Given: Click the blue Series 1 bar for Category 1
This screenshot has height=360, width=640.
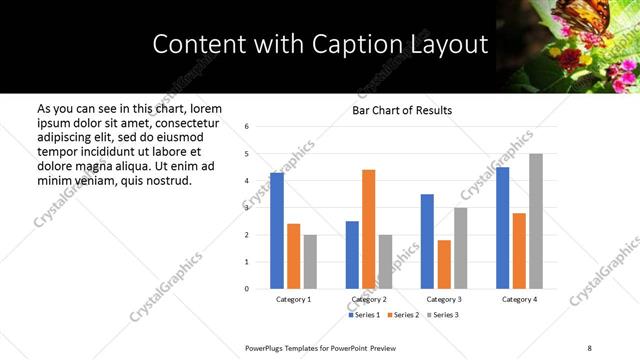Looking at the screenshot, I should [x=277, y=231].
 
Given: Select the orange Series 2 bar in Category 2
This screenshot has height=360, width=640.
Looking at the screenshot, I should [x=368, y=229].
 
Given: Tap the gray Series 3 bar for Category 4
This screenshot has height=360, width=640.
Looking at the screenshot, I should [x=536, y=221].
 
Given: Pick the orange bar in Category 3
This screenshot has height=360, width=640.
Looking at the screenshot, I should [x=443, y=264].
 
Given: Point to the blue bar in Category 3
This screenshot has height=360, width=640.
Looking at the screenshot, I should [x=427, y=241].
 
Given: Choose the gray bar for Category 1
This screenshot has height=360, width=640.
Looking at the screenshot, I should [x=310, y=262].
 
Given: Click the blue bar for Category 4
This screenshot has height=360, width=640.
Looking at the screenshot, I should [x=502, y=228].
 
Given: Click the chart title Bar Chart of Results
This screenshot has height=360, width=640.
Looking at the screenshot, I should [x=402, y=110].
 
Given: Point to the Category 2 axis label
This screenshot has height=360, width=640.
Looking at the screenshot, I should [x=369, y=299].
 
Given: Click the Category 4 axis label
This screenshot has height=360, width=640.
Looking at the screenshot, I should [x=519, y=299].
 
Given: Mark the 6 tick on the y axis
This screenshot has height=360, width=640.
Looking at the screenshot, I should [x=247, y=127].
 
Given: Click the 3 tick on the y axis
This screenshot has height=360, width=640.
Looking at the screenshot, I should [x=247, y=208].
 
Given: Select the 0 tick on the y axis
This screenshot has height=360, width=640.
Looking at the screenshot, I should [x=247, y=289].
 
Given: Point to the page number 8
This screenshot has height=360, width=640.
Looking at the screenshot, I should [x=588, y=346].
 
